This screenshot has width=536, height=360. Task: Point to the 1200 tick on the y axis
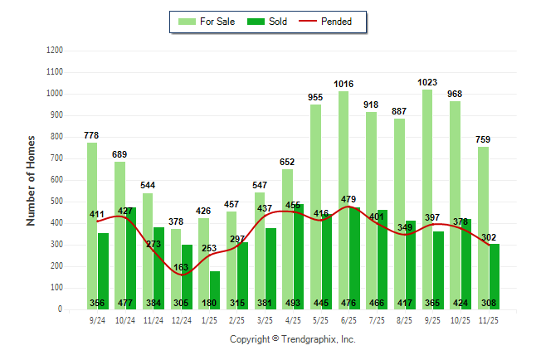[56, 51]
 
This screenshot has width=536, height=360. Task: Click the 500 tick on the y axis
[57, 202]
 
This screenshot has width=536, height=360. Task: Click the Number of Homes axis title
[32, 180]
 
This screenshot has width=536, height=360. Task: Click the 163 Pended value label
[183, 266]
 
